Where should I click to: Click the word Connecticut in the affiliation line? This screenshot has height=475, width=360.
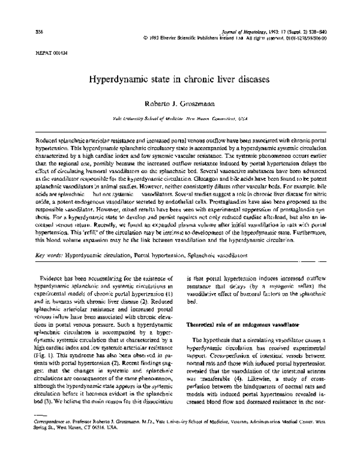click(231, 119)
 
